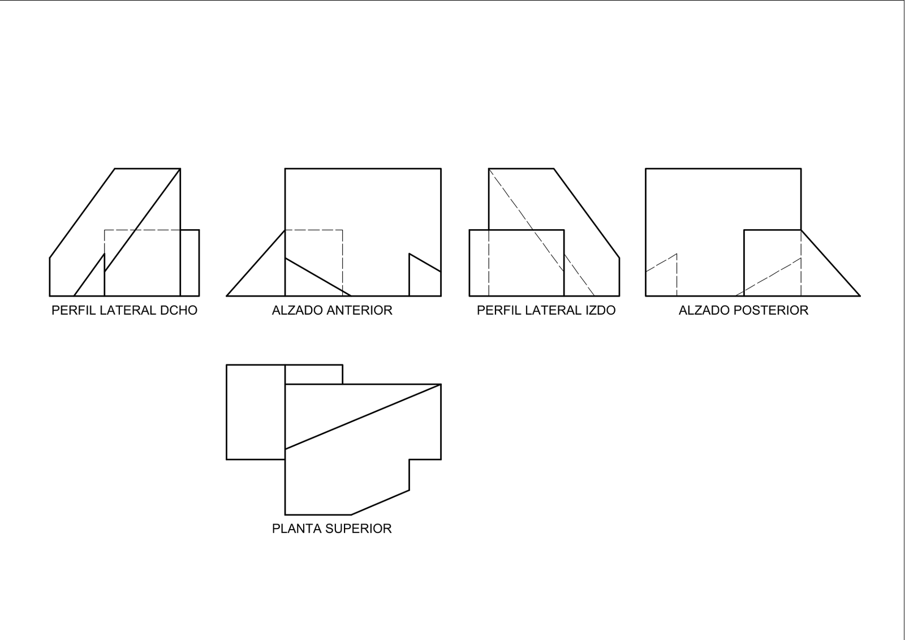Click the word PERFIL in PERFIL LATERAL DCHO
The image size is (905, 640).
tap(74, 311)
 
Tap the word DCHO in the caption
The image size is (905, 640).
tap(179, 311)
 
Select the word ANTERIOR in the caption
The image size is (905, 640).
tap(360, 311)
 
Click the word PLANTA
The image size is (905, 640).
tap(296, 529)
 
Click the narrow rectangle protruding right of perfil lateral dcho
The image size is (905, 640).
tap(190, 263)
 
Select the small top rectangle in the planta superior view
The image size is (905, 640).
tap(314, 375)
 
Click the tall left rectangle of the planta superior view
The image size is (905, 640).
tap(256, 412)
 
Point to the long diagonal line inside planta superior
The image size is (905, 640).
tap(363, 416)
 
